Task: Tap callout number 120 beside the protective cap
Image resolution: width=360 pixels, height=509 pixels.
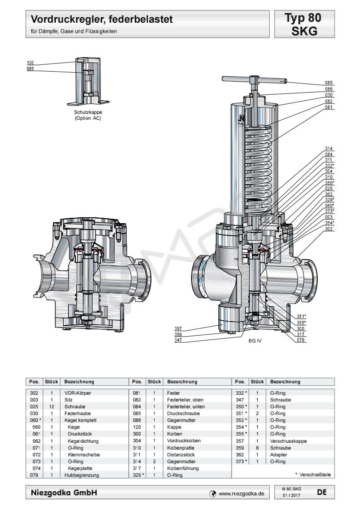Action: [x=30, y=63]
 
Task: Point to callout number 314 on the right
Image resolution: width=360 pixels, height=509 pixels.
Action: [x=329, y=149]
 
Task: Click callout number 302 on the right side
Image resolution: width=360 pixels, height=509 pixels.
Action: [x=329, y=228]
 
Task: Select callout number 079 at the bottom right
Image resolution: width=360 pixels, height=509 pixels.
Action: [x=301, y=340]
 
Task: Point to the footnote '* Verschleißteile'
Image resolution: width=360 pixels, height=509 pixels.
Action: [x=313, y=475]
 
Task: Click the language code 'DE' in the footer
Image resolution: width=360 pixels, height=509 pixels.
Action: [x=322, y=492]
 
